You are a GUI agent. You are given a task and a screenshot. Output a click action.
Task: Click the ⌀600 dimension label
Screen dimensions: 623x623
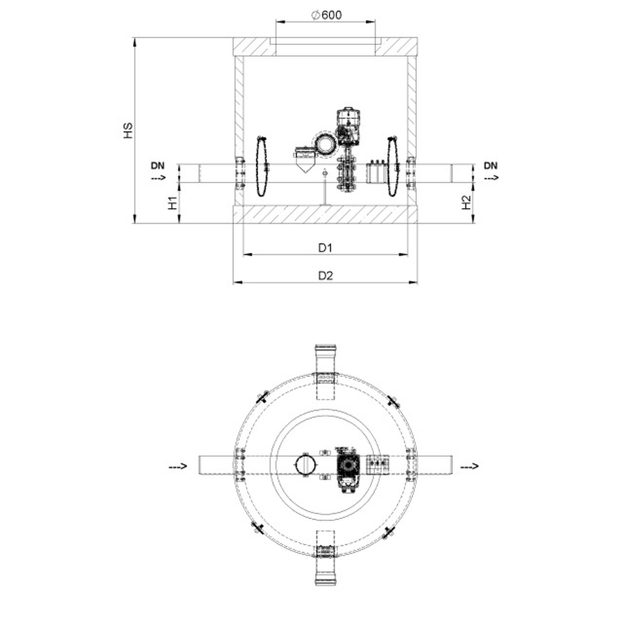326,15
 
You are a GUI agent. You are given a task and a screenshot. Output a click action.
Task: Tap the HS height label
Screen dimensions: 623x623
128,130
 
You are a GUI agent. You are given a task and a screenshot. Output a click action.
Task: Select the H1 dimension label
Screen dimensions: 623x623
172,202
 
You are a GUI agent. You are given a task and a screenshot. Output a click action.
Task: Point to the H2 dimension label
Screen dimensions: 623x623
466,202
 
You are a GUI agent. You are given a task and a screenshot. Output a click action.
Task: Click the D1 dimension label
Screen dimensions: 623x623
325,248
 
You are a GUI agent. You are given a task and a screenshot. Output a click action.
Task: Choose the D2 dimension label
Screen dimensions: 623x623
326,275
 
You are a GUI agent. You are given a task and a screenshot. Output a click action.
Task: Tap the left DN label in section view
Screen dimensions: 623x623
158,166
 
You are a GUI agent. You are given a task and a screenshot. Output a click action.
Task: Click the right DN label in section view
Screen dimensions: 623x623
491,166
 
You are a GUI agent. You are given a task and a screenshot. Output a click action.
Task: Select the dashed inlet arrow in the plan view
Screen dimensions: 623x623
178,466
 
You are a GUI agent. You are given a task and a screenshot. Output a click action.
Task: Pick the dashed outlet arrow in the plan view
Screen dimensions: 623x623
470,466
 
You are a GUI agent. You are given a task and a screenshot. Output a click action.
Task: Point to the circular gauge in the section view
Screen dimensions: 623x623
326,145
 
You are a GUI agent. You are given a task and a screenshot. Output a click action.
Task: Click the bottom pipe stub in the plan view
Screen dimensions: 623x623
326,568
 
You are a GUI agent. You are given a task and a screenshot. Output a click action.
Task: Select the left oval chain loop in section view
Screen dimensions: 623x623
261,166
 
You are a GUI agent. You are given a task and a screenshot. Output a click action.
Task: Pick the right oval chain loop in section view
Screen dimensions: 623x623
392,166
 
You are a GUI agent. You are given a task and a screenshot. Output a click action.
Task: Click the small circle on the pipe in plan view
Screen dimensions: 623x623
307,464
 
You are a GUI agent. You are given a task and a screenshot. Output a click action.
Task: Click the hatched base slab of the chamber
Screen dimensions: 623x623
325,214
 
